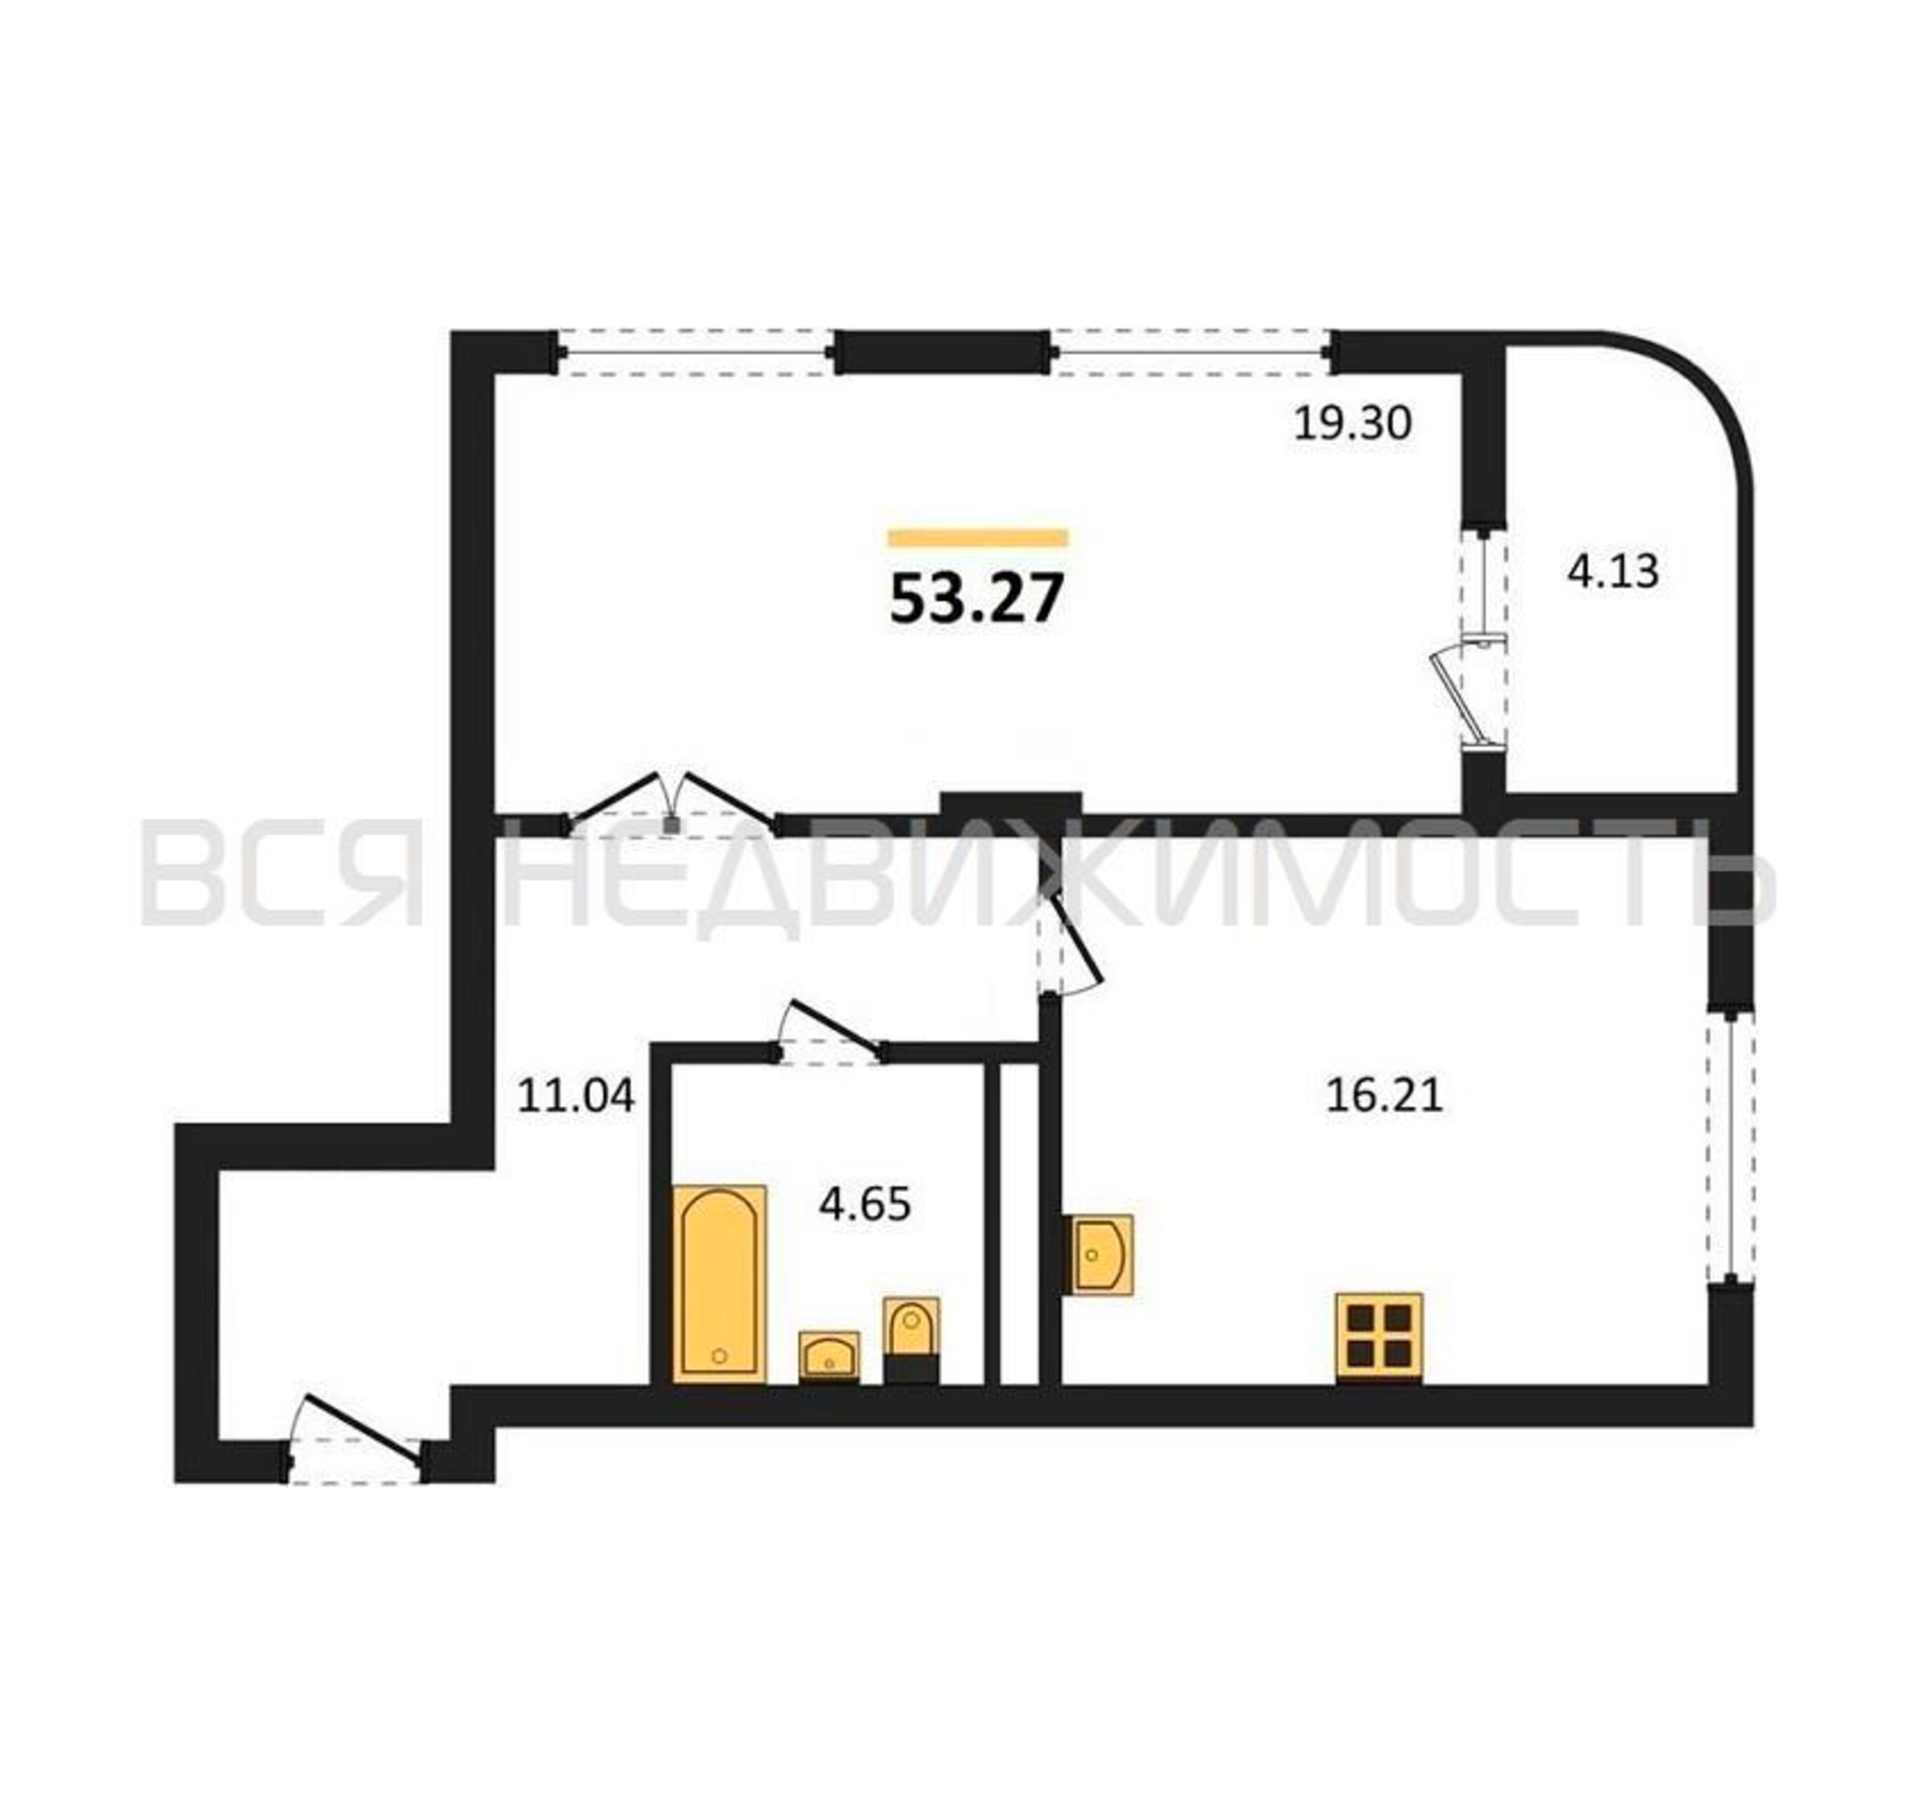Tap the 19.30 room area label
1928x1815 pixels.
click(x=1352, y=424)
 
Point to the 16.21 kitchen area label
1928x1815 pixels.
click(x=1384, y=1095)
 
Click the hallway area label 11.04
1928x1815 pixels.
click(x=576, y=1096)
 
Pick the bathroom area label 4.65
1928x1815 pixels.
click(x=865, y=1205)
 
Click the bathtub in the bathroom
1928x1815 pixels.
click(x=719, y=1283)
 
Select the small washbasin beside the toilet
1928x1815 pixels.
click(x=828, y=1356)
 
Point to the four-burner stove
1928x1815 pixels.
click(x=1378, y=1337)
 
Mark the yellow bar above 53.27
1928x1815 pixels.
click(x=977, y=538)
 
